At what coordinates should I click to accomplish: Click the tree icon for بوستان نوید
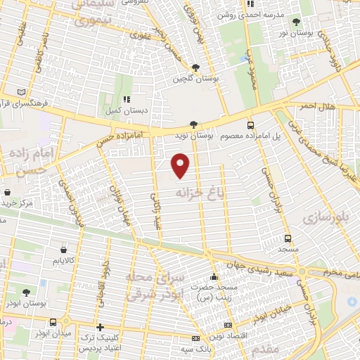point(193,124)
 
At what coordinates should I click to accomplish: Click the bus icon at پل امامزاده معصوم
point(251,124)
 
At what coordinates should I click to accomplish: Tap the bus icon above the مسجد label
point(288,238)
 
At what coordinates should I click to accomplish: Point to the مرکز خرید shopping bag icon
point(7,192)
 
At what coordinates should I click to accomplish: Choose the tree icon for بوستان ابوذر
point(26,292)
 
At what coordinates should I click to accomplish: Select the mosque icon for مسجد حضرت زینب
point(214,276)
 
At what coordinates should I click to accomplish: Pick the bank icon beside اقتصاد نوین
point(228,325)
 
